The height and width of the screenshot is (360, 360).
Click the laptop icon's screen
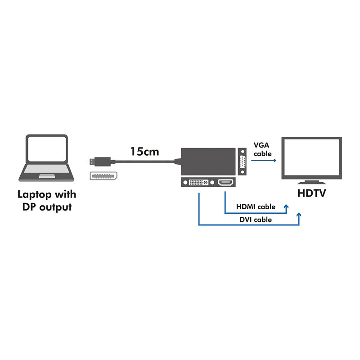[47, 150]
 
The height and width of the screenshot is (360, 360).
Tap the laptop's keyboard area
[46, 171]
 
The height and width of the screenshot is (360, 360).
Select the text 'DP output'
[47, 207]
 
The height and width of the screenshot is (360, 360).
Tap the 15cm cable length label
[144, 152]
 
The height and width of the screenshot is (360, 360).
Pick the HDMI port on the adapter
[225, 183]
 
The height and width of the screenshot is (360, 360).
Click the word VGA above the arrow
[262, 145]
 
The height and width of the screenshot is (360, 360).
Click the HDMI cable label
[256, 207]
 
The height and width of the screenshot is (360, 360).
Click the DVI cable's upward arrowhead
[299, 216]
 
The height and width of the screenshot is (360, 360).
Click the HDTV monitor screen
[311, 157]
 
